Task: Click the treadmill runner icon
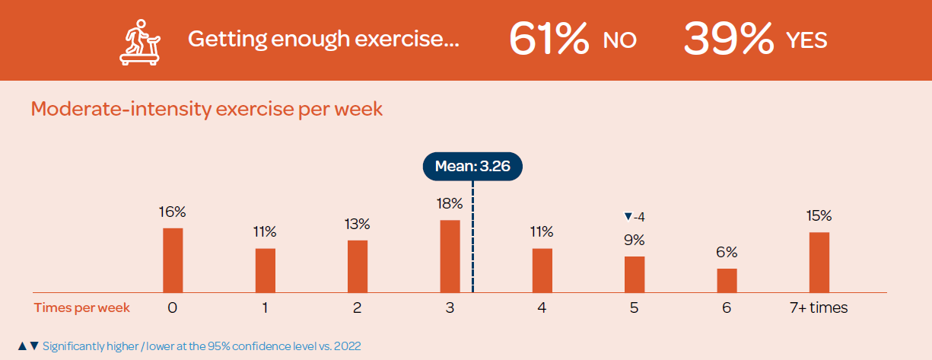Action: (x=140, y=40)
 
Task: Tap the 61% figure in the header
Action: (x=549, y=40)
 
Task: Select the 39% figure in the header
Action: (x=728, y=40)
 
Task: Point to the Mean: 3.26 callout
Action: (x=472, y=165)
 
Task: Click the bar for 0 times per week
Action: (x=173, y=260)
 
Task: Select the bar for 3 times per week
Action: (x=450, y=256)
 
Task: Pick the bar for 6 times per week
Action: (x=727, y=280)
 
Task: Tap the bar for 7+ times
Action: (x=819, y=262)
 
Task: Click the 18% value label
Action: (x=450, y=203)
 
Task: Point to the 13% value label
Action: (x=357, y=224)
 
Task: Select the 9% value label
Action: (x=634, y=240)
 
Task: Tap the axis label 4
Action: (x=542, y=308)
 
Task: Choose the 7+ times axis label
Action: (x=819, y=308)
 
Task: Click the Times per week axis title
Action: (x=81, y=308)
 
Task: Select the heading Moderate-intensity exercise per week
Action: (x=206, y=109)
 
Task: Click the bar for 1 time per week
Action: (x=265, y=270)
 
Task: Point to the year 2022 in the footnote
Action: (x=347, y=346)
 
